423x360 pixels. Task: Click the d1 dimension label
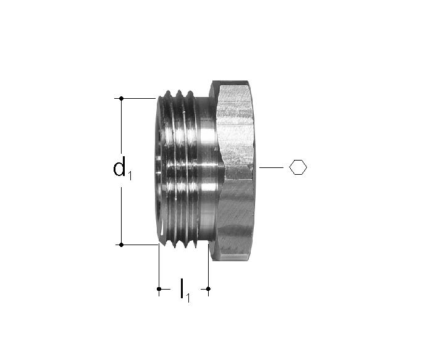(122, 167)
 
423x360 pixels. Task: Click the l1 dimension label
(185, 290)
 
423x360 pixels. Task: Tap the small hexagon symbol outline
(298, 167)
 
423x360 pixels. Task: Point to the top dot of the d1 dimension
(122, 99)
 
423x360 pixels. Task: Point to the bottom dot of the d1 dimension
(122, 245)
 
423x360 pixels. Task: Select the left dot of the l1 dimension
(159, 289)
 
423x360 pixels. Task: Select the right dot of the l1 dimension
(208, 289)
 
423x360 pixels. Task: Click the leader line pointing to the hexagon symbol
(271, 167)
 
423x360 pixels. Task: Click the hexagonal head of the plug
(233, 170)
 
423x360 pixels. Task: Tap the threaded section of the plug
(177, 169)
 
